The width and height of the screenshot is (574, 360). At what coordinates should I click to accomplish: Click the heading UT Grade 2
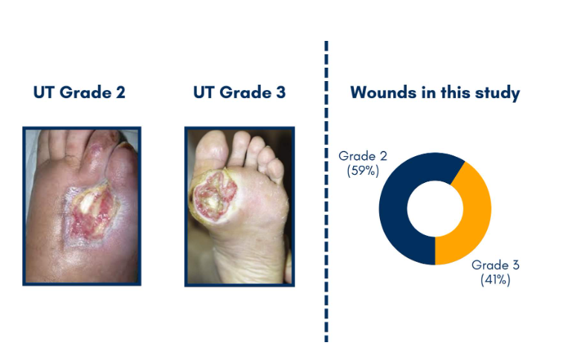point(79,92)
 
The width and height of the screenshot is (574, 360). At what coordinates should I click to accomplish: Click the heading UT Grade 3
point(239,92)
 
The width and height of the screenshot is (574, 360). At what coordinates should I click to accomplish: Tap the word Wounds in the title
point(383,92)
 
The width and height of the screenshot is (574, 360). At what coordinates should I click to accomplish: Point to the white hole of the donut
point(435,208)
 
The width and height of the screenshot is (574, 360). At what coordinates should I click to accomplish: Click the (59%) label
point(363,170)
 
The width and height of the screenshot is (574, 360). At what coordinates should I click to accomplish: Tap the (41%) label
point(495,280)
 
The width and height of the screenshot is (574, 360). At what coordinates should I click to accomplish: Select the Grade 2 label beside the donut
point(362,156)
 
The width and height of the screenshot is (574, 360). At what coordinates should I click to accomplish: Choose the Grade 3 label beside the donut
point(495,265)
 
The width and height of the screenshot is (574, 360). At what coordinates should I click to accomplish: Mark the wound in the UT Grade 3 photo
point(213,196)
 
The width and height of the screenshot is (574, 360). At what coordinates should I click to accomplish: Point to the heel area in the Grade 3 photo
point(253,264)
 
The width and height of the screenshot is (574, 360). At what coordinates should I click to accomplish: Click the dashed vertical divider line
point(326,192)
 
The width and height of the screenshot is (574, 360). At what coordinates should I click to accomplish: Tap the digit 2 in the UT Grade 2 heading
point(120,92)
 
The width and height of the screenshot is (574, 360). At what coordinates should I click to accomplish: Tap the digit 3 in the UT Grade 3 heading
point(281,92)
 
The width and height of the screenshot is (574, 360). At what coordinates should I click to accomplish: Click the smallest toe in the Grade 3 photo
point(275,169)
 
